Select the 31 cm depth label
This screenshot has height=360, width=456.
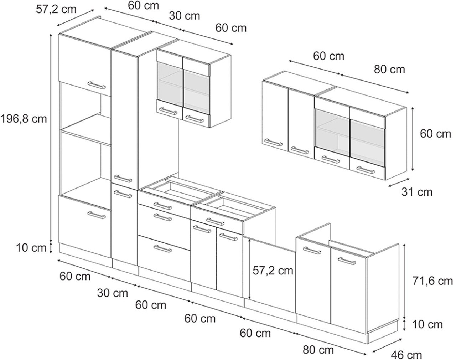click(x=416, y=192)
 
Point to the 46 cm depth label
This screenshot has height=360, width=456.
click(x=406, y=355)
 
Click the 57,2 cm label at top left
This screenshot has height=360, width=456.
click(x=56, y=9)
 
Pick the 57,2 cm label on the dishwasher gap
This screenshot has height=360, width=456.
click(x=273, y=271)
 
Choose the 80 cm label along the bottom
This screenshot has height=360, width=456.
click(x=318, y=350)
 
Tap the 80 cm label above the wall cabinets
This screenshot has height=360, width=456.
click(x=389, y=69)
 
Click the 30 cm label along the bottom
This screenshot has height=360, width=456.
click(x=113, y=293)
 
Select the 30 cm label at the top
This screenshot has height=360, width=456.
click(x=185, y=16)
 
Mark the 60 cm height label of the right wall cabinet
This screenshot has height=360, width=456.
click(x=435, y=134)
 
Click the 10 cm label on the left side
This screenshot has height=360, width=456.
click(x=31, y=247)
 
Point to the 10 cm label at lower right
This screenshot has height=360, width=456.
click(x=427, y=324)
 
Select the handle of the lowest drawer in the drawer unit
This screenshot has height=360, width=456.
click(x=162, y=248)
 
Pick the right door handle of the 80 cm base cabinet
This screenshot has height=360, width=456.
click(x=347, y=261)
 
